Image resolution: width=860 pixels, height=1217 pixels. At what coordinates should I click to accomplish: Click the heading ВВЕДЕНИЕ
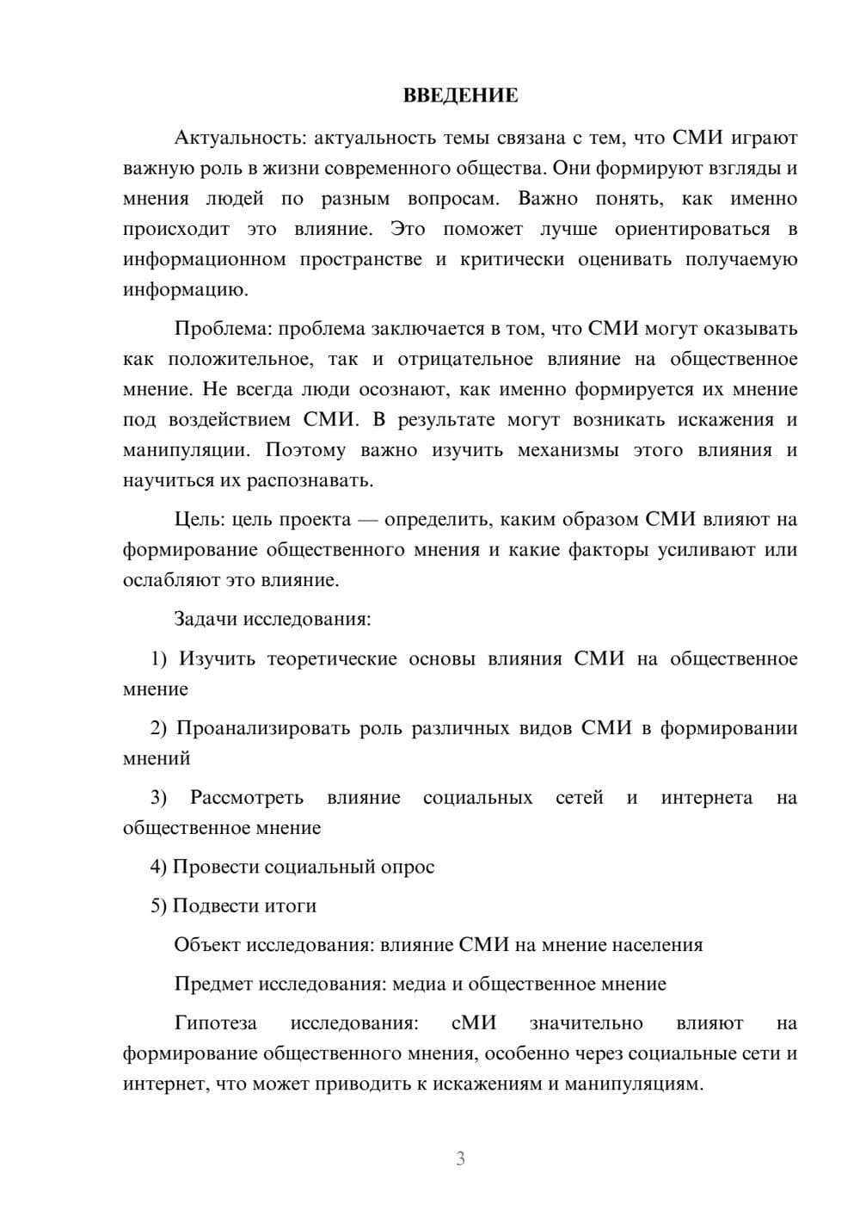460,96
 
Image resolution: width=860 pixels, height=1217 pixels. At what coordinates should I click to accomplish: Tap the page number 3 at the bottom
460,1158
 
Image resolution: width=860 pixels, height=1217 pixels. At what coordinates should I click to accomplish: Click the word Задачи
206,619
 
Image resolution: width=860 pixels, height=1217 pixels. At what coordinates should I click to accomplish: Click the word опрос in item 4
408,867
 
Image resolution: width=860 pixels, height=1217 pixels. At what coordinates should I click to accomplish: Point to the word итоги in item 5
290,905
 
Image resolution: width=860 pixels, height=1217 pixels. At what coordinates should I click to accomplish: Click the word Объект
208,945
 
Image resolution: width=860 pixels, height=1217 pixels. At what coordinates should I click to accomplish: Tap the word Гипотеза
216,1023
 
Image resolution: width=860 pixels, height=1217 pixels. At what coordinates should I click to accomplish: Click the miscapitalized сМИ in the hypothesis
474,1023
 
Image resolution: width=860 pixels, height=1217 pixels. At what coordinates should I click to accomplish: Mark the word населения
657,945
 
